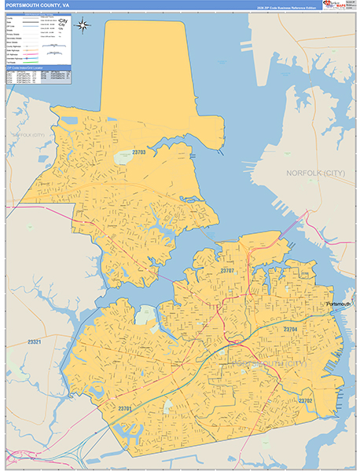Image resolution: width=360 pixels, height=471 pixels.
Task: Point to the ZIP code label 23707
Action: coord(228,270)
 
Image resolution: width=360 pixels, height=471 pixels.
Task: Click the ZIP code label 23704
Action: coord(290,330)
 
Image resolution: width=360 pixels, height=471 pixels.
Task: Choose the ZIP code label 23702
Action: coord(306,401)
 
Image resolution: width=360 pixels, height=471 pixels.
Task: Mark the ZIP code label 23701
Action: coord(124,408)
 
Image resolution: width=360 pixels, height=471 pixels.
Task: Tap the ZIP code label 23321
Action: coord(34,341)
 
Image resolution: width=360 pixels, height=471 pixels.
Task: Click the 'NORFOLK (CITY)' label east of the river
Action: coord(314,173)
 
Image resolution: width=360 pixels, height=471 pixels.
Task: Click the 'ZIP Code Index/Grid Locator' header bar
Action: coord(37,69)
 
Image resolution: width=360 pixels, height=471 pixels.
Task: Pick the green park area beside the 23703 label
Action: coord(124,158)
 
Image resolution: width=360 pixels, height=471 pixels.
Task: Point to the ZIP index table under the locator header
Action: coord(37,77)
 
